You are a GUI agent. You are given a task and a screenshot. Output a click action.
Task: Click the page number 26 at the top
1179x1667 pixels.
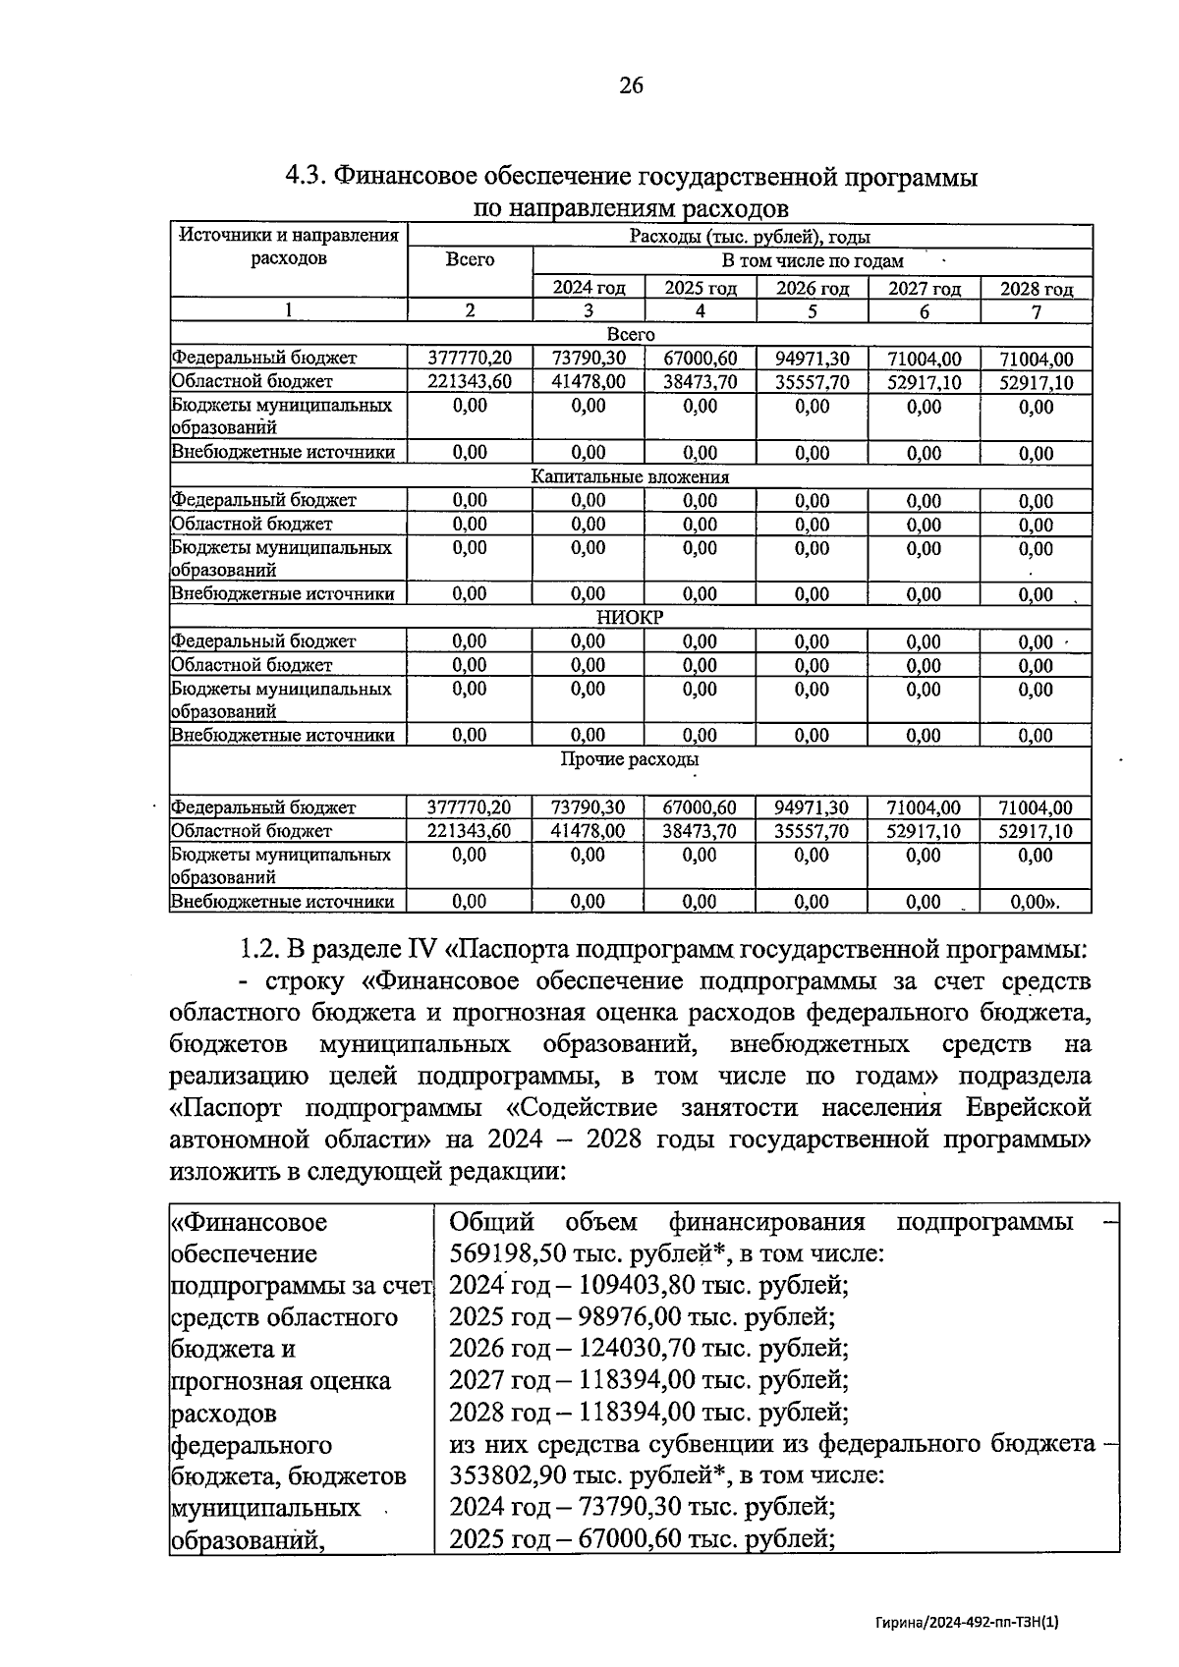(x=631, y=85)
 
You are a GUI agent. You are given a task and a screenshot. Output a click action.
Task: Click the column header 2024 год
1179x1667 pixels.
(x=589, y=288)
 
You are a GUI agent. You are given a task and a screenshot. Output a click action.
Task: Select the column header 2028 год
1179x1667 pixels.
(x=1037, y=288)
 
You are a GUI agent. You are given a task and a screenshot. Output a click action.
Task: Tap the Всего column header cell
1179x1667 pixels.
(x=470, y=260)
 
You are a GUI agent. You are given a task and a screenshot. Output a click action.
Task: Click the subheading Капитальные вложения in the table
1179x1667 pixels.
(x=630, y=476)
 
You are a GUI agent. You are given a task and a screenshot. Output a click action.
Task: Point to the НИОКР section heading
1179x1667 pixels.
(x=630, y=618)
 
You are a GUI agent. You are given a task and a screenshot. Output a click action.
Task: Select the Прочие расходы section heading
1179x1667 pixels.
(x=630, y=759)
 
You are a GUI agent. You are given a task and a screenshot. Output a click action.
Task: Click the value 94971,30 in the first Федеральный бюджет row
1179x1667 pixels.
(x=812, y=360)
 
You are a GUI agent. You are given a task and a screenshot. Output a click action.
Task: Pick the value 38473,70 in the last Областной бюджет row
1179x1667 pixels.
(x=700, y=831)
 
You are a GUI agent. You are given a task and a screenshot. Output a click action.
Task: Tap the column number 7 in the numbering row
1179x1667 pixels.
(x=1037, y=311)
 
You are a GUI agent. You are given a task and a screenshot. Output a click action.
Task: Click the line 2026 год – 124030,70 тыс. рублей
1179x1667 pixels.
(x=648, y=1349)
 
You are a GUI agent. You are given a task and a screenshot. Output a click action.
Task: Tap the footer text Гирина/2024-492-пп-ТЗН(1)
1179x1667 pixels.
(x=969, y=1623)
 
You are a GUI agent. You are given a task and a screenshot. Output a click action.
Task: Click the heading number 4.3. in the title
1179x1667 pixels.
(x=306, y=177)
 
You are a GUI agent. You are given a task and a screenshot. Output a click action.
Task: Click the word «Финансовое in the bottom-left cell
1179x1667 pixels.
(x=250, y=1222)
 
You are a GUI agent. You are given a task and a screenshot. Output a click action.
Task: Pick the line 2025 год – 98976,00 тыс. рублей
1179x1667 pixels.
(x=642, y=1317)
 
